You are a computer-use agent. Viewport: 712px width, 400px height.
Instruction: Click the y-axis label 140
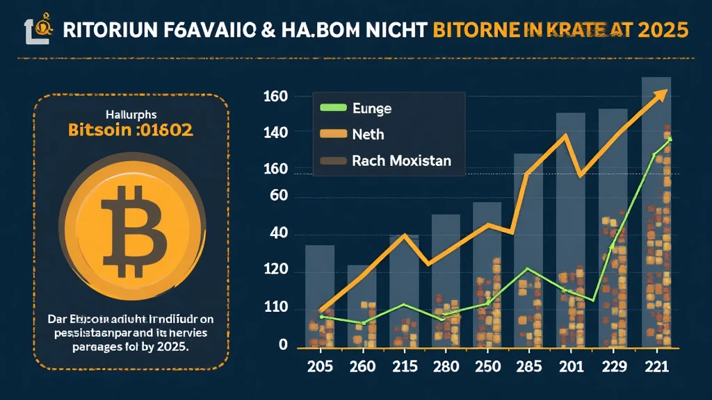pos(276,131)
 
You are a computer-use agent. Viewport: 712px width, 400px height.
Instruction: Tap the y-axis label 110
pos(276,308)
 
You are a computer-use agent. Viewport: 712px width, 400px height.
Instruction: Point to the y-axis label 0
pos(283,345)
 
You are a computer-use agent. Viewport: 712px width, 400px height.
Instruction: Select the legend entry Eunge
pos(372,108)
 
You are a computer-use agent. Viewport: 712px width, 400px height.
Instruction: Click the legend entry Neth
pos(368,135)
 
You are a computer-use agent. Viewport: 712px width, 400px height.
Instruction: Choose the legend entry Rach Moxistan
pos(401,161)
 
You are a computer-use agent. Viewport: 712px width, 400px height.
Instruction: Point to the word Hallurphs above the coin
pos(131,113)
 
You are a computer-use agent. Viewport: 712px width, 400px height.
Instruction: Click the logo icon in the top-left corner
pos(37,29)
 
